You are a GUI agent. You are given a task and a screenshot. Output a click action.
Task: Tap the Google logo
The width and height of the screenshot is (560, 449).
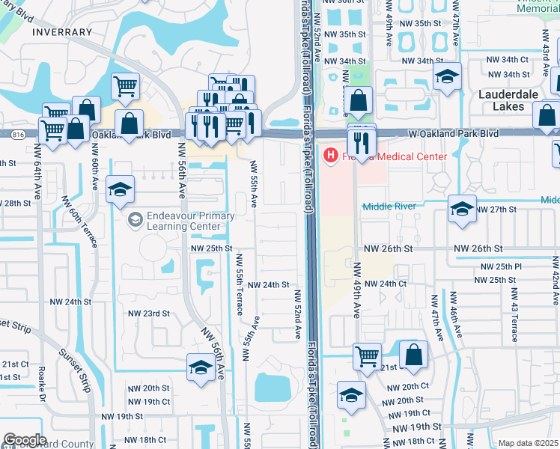point(25,440)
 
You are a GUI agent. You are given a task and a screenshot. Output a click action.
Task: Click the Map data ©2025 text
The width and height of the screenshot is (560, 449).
point(529,444)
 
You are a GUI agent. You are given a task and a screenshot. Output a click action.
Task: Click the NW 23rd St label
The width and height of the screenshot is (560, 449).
point(149,314)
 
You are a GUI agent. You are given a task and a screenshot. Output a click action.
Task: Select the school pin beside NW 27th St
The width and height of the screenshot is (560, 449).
point(462,209)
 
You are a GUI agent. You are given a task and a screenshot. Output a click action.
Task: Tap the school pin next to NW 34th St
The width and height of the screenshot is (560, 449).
point(447,77)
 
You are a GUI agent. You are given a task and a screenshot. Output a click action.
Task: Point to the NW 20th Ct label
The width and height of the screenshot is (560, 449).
point(405,386)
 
